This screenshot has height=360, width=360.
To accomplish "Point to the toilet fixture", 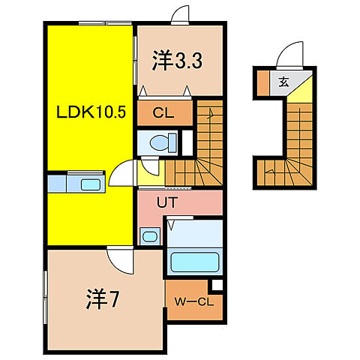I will tap(162, 142).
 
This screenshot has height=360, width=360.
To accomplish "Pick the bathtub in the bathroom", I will tap(193, 262).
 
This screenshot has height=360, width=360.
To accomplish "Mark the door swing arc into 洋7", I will tap(118, 259).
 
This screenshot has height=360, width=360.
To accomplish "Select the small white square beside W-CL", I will tap(216, 286).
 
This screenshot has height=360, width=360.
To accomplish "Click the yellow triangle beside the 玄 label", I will tap(299, 91).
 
